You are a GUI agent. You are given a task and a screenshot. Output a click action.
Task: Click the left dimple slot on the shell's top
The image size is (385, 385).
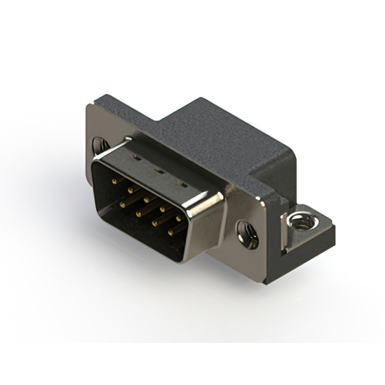(137, 160)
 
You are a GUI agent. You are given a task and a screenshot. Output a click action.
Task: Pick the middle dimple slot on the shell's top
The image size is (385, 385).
(159, 170)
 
